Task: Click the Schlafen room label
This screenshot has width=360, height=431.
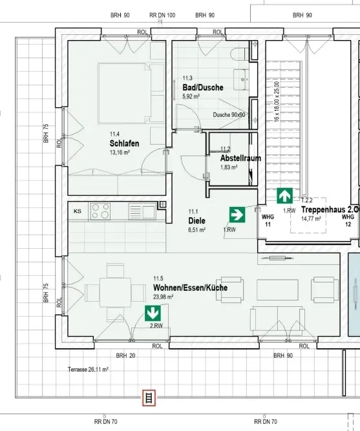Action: [124, 143]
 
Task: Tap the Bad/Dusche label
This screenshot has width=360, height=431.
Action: [203, 87]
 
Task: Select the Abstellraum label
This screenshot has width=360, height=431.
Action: [240, 158]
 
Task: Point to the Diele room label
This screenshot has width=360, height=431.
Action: [196, 221]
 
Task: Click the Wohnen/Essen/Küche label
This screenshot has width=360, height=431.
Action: [190, 288]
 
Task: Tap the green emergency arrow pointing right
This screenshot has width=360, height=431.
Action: [237, 215]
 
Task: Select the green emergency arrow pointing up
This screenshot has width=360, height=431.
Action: [284, 196]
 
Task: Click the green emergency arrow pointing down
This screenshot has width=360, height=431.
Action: [153, 313]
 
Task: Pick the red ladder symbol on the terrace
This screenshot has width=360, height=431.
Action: [149, 398]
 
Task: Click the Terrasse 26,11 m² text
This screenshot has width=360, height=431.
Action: [88, 370]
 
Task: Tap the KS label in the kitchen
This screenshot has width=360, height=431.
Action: [78, 211]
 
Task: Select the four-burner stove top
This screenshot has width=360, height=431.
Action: [101, 211]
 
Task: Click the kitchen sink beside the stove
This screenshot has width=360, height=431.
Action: [142, 212]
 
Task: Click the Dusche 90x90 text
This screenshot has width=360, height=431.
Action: [229, 115]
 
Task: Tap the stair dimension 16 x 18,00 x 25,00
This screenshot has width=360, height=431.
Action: [277, 101]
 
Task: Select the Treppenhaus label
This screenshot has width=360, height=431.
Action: [330, 209]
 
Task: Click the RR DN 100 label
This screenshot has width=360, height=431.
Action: [162, 15]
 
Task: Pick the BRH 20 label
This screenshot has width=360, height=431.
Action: [125, 355]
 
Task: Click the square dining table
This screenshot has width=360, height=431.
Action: [116, 293]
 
